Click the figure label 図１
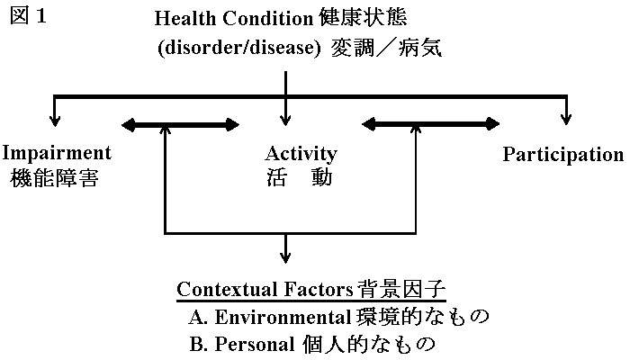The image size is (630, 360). [x=28, y=16]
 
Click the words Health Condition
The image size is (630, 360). [x=234, y=19]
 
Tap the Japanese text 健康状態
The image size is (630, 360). [x=364, y=18]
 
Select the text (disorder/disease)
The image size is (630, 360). [x=239, y=48]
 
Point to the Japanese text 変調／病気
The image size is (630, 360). [x=386, y=48]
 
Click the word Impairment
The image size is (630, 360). [x=57, y=154]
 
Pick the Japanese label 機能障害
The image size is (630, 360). [x=54, y=178]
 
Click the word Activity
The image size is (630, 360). [x=301, y=154]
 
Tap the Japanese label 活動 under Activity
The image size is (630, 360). [x=300, y=177]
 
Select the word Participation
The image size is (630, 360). [x=563, y=155]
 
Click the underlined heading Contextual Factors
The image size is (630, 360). [x=265, y=289]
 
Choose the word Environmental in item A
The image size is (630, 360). [x=283, y=317]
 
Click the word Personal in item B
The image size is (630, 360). [x=255, y=344]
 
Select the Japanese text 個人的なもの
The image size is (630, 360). [x=368, y=344]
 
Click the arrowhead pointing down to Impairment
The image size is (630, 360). [x=55, y=121]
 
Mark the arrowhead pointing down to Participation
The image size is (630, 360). [x=566, y=120]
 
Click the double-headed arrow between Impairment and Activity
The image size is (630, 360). [x=180, y=125]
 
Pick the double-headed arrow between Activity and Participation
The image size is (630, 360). [x=431, y=124]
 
